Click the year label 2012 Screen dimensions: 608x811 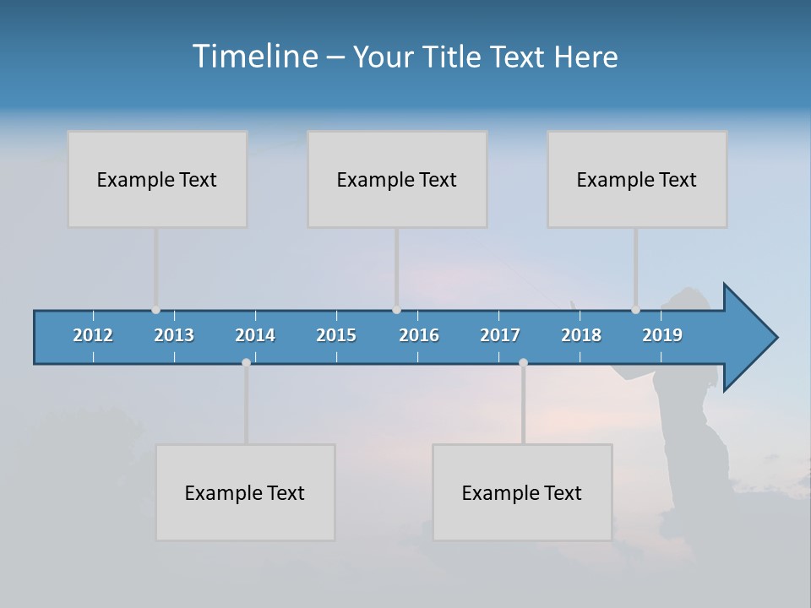[93, 335]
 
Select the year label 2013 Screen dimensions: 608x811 [174, 335]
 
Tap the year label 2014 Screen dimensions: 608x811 [255, 335]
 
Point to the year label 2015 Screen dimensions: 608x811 [336, 335]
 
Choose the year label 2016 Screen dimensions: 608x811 [419, 335]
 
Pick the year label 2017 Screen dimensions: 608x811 [500, 335]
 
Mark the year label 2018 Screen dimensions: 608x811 [581, 335]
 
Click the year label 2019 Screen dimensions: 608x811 [662, 335]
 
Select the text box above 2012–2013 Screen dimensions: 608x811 [157, 179]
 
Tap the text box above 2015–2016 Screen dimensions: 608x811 [397, 179]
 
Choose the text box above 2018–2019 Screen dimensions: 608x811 [637, 179]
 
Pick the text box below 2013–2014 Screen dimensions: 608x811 [245, 492]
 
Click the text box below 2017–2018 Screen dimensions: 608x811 [522, 492]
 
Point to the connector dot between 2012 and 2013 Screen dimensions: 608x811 [155, 310]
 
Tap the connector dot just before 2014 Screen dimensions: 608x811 [246, 362]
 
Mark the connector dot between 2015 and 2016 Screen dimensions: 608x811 [396, 310]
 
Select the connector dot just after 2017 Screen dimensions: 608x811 [523, 362]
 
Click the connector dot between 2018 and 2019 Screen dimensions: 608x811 [635, 310]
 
